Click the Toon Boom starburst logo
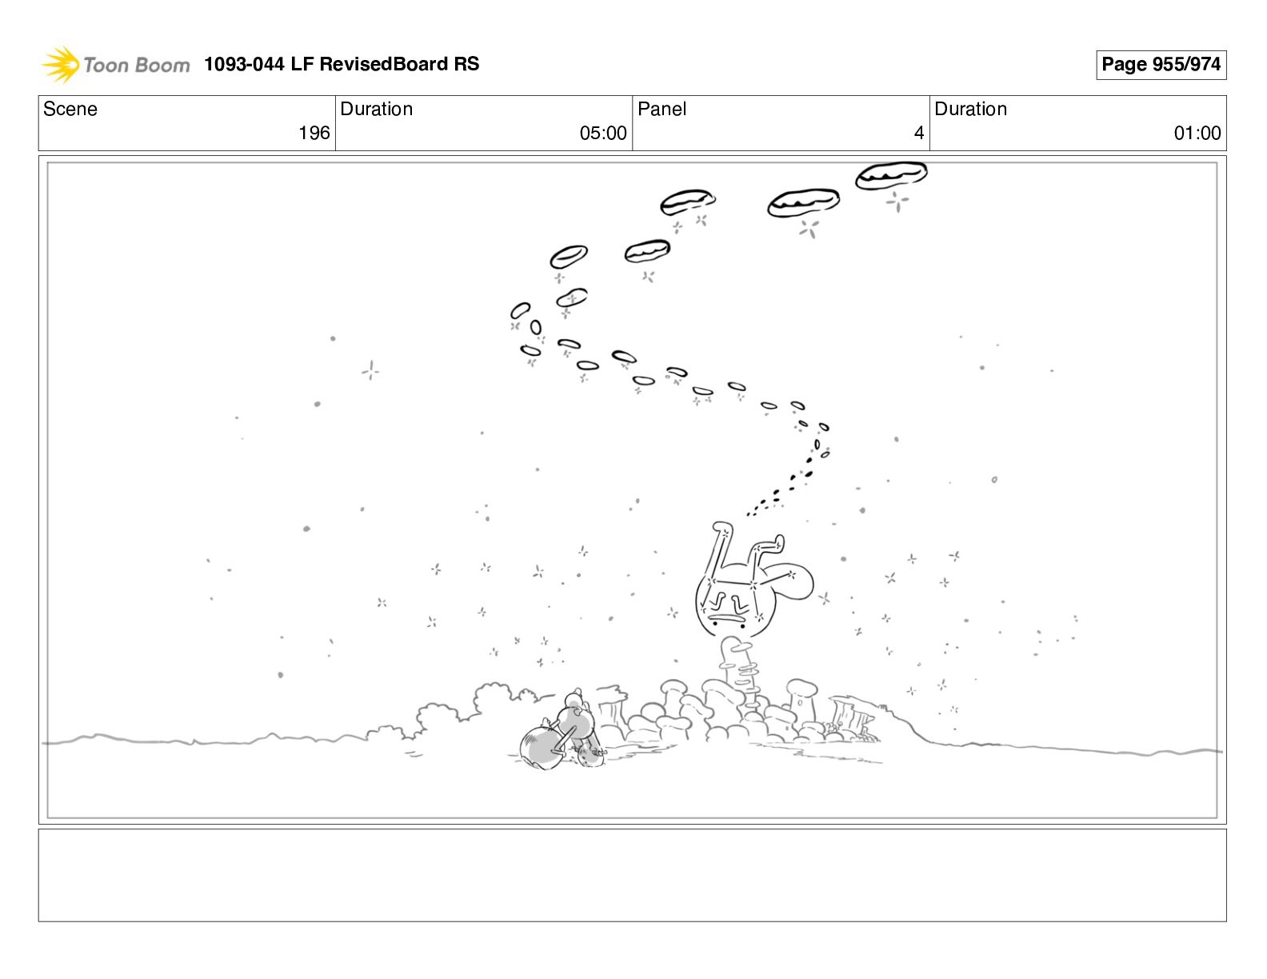[60, 64]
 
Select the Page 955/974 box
[1161, 65]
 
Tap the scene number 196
[314, 133]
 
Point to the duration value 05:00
[603, 133]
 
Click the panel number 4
[919, 133]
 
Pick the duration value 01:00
[1197, 133]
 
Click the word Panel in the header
[661, 109]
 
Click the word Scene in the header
[70, 109]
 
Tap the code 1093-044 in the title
[244, 63]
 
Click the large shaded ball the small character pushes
[542, 750]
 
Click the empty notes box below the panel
[633, 875]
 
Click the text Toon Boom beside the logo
[137, 65]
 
